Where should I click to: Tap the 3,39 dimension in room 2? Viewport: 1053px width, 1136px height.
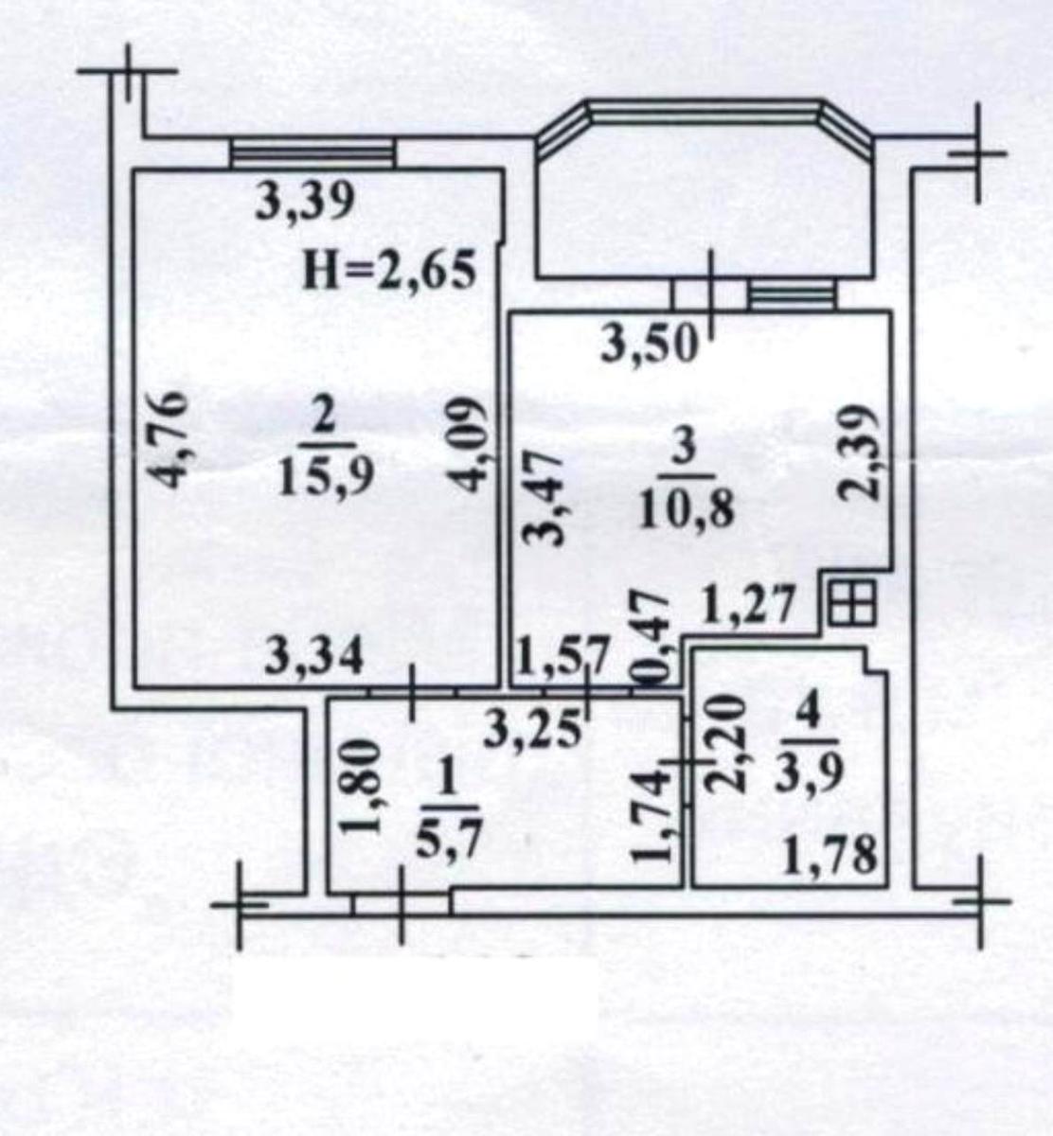[x=305, y=203]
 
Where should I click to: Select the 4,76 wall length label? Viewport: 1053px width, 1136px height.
[x=171, y=439]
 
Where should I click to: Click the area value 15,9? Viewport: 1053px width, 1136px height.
[x=326, y=479]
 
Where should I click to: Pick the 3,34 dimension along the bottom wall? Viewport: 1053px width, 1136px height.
[x=314, y=658]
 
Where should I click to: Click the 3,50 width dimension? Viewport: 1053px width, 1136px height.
[x=651, y=345]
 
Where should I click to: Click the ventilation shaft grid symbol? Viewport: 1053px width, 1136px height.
[x=852, y=603]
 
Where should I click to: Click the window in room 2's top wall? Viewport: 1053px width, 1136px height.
[x=312, y=154]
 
